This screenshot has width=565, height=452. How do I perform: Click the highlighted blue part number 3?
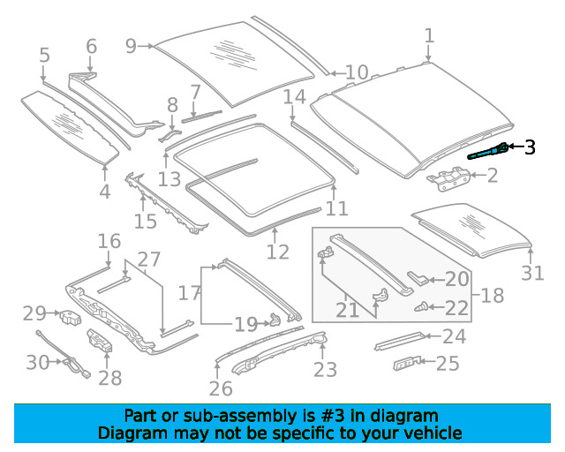tap(487, 152)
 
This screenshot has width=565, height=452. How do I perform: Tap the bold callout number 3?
tap(530, 147)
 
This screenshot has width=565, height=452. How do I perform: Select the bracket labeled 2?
tap(448, 178)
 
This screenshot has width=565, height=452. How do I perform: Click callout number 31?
tap(532, 273)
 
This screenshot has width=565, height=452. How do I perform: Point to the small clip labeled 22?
tap(420, 307)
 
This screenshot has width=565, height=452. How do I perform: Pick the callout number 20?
tap(457, 279)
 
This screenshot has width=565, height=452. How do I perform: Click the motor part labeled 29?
tap(70, 317)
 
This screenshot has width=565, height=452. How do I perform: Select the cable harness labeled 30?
tap(64, 354)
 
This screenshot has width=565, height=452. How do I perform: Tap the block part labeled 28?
tap(100, 340)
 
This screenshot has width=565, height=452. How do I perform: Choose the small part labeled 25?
tap(407, 363)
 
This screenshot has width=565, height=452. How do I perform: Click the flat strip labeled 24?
tap(399, 341)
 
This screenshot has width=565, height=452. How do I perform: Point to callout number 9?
tap(132, 46)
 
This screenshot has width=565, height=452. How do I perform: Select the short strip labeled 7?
tap(201, 116)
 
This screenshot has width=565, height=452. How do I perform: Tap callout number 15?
tap(145, 221)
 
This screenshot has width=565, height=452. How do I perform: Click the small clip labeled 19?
tap(275, 319)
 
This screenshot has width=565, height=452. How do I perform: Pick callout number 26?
tap(221, 388)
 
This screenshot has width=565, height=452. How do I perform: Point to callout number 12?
tap(277, 252)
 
